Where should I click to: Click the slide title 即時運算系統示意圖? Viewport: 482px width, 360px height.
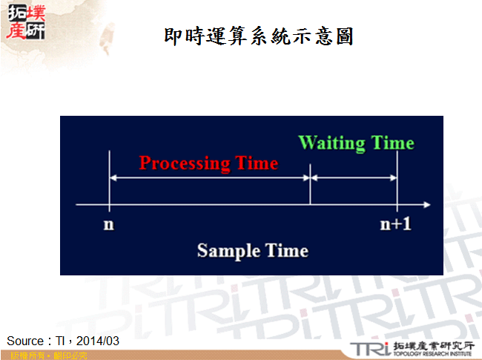(x=257, y=36)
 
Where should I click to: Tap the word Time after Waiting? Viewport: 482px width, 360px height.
(x=391, y=143)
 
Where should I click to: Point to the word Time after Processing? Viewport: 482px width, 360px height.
(x=254, y=163)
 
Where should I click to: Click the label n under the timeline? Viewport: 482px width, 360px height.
(x=109, y=224)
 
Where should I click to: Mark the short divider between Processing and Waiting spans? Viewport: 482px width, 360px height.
(x=309, y=189)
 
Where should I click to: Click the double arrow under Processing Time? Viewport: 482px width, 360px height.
(x=209, y=178)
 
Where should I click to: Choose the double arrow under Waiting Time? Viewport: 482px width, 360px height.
(x=354, y=178)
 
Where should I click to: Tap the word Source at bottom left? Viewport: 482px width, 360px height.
(x=25, y=341)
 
